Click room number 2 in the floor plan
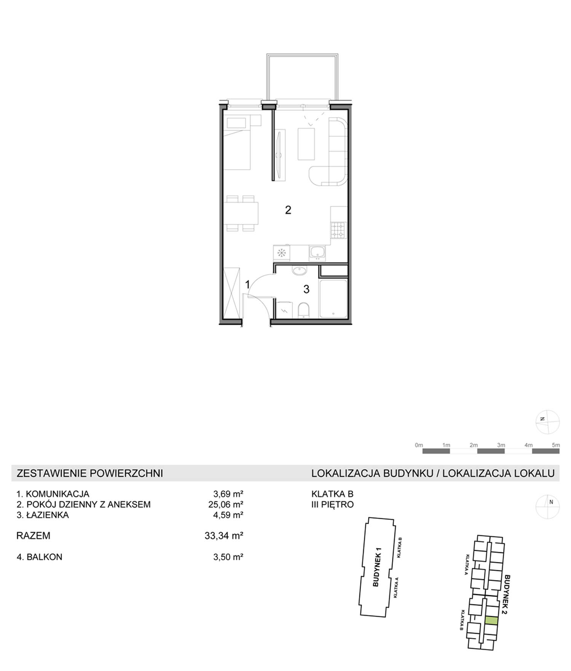pos(288,210)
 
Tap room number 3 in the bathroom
pos(306,289)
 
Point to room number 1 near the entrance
pos(247,284)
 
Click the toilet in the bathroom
pos(303,310)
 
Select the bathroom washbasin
pos(300,270)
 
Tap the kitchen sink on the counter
pos(317,252)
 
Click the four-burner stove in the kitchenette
pos(338,230)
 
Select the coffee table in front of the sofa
pos(306,144)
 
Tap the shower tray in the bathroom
pos(333,299)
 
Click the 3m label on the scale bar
pos(501,445)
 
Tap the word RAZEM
pos(33,536)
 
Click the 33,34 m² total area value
pos(224,536)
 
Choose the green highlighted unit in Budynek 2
pos(491,620)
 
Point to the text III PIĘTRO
pos(333,504)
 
